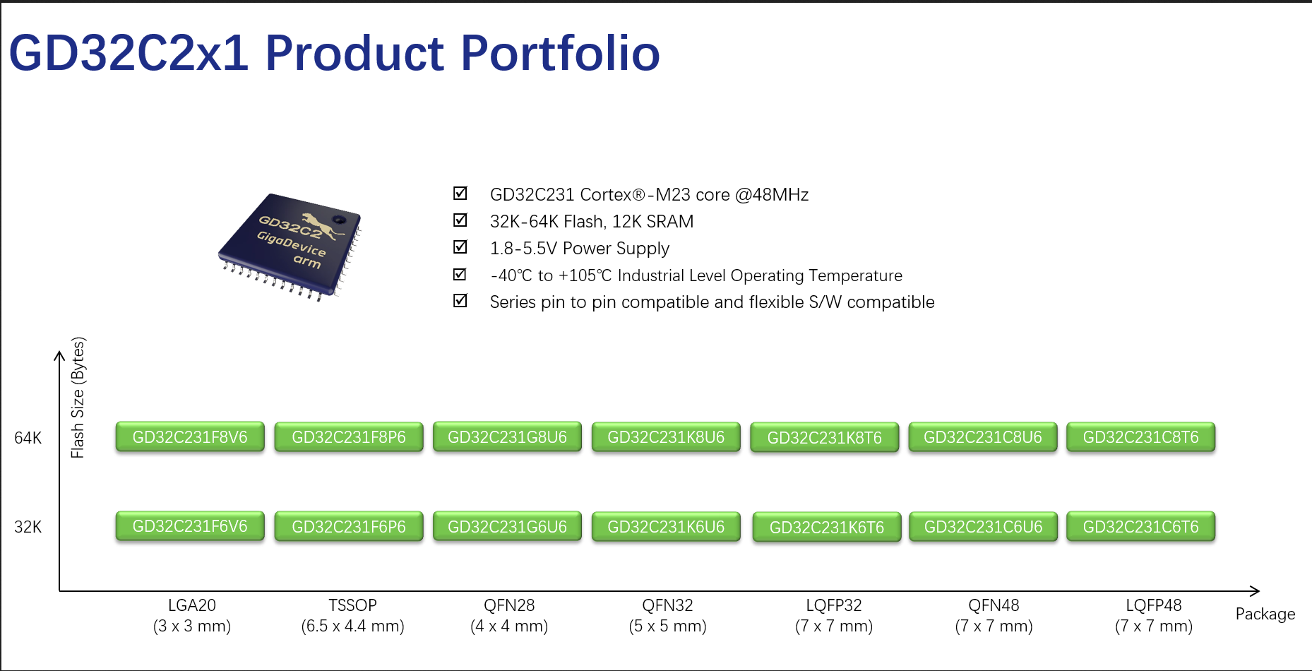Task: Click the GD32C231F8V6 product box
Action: tap(190, 437)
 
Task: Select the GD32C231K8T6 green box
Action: tap(824, 438)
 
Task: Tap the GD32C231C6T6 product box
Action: tap(1141, 527)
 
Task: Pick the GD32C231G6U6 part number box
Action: tap(507, 527)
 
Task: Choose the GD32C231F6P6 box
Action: tap(349, 527)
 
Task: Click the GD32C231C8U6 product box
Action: tap(983, 437)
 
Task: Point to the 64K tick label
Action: tap(28, 438)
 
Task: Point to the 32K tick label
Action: tap(28, 527)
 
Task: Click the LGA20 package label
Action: tap(192, 605)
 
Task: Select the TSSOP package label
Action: tap(352, 605)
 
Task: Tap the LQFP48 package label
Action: tap(1154, 605)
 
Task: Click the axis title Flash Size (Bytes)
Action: tap(78, 398)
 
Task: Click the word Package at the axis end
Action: tap(1265, 614)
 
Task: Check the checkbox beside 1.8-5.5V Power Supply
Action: tap(460, 247)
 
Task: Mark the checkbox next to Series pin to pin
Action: tap(460, 300)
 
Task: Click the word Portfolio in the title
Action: tap(561, 54)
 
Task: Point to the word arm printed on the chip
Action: tap(307, 261)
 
